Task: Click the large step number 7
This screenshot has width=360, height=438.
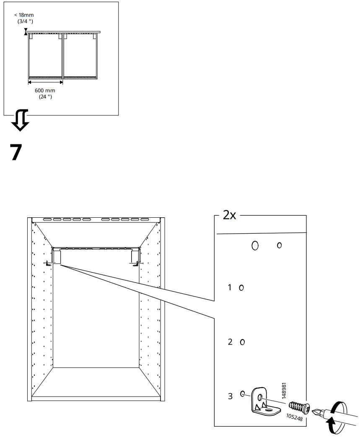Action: (x=16, y=153)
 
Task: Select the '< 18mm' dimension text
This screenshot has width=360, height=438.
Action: (x=23, y=15)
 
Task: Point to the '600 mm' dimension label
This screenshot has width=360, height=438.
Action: (x=44, y=91)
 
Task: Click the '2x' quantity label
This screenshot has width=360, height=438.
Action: (x=229, y=216)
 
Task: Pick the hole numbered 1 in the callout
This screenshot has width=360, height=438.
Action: (x=241, y=288)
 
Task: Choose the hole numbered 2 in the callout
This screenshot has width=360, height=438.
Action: (x=242, y=342)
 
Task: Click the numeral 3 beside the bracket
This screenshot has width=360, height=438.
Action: (x=230, y=396)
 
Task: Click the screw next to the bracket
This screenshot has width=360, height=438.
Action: (x=298, y=407)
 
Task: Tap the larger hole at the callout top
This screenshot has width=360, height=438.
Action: (x=255, y=245)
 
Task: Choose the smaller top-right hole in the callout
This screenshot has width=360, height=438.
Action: (x=279, y=245)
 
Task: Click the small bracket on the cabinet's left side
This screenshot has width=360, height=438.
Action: (x=49, y=264)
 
